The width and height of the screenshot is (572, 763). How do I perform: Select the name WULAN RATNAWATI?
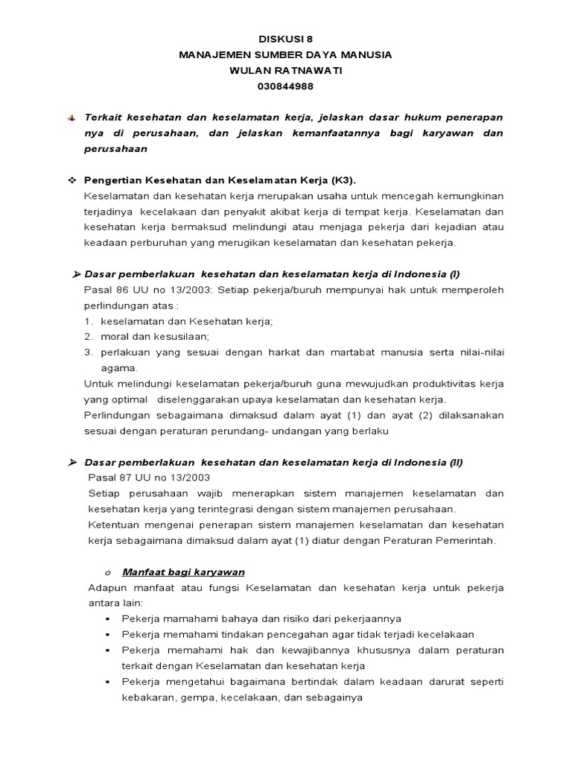(x=285, y=71)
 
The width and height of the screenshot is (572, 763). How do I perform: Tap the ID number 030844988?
(x=285, y=86)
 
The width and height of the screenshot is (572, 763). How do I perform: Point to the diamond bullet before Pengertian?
(x=71, y=180)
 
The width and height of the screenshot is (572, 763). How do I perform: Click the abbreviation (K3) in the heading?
(x=340, y=180)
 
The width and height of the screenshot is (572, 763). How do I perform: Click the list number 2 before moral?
(x=87, y=336)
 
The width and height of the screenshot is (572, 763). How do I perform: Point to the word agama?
(x=119, y=368)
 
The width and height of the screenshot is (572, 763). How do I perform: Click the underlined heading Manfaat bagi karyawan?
(x=183, y=572)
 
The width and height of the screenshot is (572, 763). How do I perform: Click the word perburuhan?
(x=168, y=243)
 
